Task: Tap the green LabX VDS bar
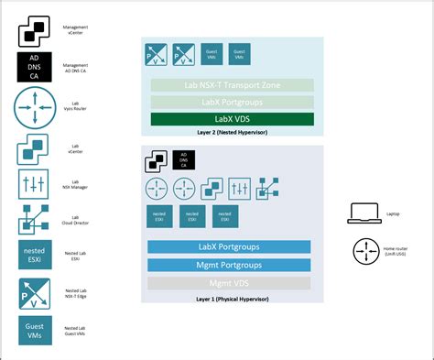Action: (x=228, y=119)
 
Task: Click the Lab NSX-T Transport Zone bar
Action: (x=228, y=85)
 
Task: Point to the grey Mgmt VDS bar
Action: (x=228, y=283)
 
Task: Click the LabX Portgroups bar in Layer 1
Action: (x=228, y=247)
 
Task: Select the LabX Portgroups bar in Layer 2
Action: (x=228, y=102)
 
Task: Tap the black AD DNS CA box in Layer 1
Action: (x=184, y=162)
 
